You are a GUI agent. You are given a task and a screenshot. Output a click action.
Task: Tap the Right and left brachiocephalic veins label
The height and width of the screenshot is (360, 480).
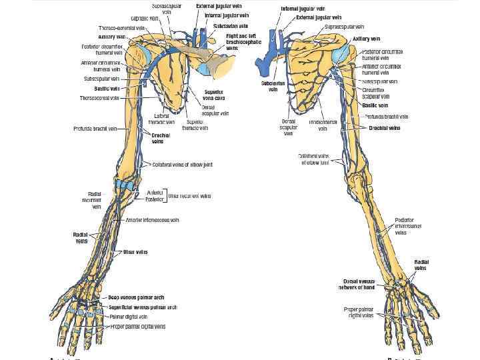pyautogui.click(x=241, y=41)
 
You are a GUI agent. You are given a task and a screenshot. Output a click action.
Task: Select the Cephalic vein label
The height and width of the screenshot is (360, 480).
pyautogui.click(x=145, y=19)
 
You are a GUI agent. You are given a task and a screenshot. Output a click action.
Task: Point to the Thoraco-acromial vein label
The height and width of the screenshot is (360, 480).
pyautogui.click(x=119, y=28)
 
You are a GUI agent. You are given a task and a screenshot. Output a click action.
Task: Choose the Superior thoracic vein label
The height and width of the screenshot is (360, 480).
pyautogui.click(x=195, y=125)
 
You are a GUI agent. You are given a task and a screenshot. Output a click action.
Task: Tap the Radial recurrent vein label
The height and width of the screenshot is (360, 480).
pyautogui.click(x=91, y=200)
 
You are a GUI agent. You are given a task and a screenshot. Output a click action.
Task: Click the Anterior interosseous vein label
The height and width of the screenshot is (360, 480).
pyautogui.click(x=153, y=219)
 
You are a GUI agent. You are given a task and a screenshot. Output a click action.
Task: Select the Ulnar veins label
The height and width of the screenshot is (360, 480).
pyautogui.click(x=135, y=252)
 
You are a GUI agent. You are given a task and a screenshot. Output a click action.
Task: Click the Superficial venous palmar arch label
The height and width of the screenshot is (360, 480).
pyautogui.click(x=143, y=307)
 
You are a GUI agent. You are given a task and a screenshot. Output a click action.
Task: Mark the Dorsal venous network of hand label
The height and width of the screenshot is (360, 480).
pyautogui.click(x=363, y=284)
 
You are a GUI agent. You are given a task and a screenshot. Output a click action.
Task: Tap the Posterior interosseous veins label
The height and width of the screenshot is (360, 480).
pyautogui.click(x=408, y=226)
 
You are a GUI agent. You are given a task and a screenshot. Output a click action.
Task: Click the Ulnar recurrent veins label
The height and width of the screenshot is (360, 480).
pyautogui.click(x=190, y=196)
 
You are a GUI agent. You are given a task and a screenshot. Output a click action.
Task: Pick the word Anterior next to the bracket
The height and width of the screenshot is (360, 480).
pyautogui.click(x=154, y=192)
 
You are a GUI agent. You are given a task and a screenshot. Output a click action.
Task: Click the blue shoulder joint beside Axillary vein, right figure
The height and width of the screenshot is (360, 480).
pyautogui.click(x=341, y=53)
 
